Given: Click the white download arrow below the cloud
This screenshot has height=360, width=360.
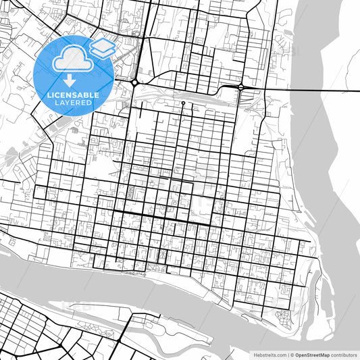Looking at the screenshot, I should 70,82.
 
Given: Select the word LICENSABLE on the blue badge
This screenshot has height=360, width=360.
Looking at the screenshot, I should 73,95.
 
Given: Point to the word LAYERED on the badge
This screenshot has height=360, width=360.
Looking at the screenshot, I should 72,103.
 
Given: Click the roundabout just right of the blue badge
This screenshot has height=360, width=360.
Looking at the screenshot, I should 135,82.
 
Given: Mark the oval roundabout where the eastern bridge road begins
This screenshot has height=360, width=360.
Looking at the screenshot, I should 240,88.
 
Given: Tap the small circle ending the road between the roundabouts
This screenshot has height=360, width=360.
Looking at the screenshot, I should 182,103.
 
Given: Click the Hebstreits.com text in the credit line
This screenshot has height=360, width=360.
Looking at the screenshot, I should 270,354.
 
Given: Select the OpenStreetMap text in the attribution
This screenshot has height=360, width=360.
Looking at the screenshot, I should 311,354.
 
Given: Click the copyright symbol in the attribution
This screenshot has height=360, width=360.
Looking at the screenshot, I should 292,354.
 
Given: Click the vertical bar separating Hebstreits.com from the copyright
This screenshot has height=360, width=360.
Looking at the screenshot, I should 288,354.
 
